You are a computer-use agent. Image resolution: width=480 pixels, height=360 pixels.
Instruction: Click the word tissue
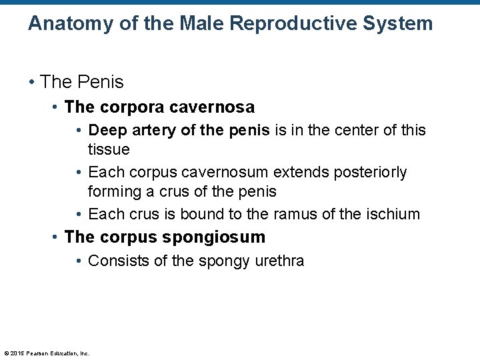tap(109, 149)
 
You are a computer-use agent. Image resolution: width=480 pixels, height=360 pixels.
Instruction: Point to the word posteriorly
tap(366, 172)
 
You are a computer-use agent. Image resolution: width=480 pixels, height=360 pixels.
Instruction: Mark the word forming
tap(114, 191)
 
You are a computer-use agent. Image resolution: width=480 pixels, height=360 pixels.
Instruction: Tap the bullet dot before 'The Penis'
tap(31, 83)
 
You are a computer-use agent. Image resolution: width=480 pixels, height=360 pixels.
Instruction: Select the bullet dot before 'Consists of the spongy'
tap(79, 261)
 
